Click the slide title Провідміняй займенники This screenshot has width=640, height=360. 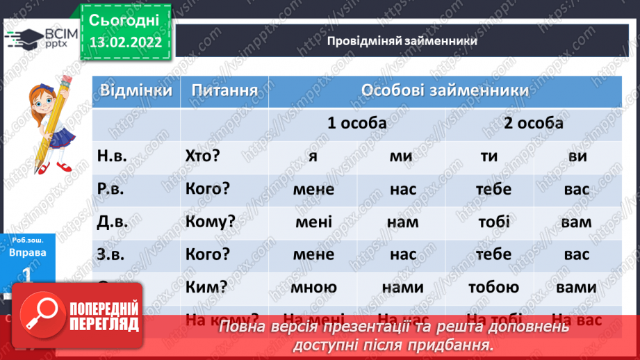(x=402, y=41)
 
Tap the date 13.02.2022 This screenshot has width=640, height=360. (x=125, y=42)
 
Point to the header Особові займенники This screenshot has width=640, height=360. (x=445, y=91)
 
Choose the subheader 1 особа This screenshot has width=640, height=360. (x=357, y=123)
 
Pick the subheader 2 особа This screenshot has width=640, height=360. (x=534, y=123)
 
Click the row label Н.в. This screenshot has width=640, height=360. (x=113, y=156)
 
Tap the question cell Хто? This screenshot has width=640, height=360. (x=203, y=156)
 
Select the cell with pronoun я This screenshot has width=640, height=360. (x=313, y=156)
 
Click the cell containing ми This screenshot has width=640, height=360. (x=401, y=156)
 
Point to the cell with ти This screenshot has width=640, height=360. (x=489, y=156)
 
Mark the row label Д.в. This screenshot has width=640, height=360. (x=113, y=222)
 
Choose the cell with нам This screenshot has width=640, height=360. (x=403, y=222)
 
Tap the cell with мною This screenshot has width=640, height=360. (x=313, y=287)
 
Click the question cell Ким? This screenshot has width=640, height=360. (x=203, y=287)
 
